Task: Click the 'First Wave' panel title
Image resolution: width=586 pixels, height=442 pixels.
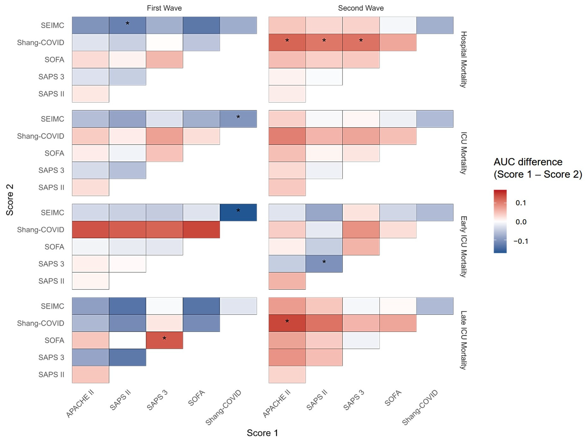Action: coord(164,8)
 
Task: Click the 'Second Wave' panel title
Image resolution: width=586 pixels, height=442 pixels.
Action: coord(361,8)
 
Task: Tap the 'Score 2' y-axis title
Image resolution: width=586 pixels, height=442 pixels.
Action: coord(10,200)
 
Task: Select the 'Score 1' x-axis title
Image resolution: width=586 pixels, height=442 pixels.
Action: coord(262,433)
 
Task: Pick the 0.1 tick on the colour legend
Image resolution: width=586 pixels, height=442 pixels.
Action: coord(521,203)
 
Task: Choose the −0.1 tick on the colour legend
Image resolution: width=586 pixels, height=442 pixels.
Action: coord(521,241)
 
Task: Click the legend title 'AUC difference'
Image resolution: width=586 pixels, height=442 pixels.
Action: coord(528,162)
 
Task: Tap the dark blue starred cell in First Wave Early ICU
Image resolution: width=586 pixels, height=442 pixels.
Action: coord(238,213)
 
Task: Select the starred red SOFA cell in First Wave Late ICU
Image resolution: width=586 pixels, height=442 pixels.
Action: coord(164,340)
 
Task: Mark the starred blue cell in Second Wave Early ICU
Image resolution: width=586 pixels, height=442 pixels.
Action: coord(324,264)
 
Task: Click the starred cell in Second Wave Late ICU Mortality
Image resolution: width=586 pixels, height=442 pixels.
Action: coord(287,323)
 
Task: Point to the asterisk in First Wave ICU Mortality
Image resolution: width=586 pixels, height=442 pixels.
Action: coord(238,117)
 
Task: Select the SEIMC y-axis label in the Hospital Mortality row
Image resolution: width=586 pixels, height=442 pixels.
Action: coord(52,25)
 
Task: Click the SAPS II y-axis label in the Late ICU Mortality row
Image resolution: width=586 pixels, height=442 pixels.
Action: coord(51,374)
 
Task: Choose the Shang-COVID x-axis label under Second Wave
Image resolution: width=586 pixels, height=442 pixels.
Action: coord(420,407)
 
